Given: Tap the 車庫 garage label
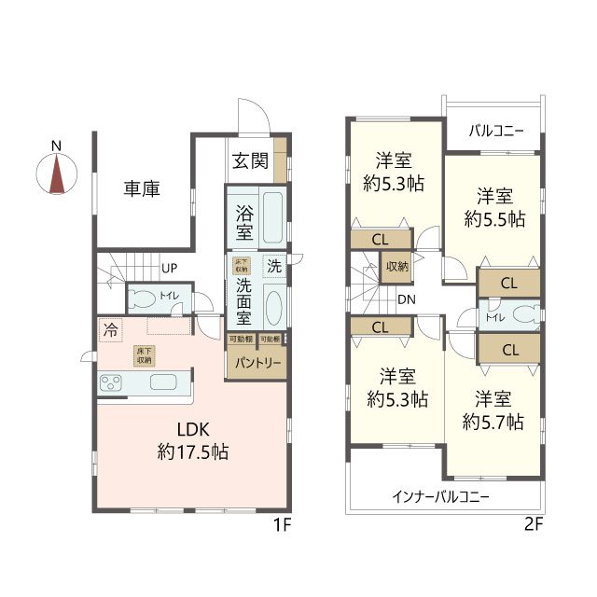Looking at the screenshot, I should (142, 188).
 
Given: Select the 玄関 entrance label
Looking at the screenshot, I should (251, 161).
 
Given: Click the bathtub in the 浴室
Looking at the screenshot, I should (271, 217).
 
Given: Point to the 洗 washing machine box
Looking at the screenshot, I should (273, 265).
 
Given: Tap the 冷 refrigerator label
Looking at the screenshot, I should (111, 329).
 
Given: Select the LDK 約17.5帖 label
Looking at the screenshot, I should (193, 441).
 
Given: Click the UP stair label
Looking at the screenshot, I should (170, 269).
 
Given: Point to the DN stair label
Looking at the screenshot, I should (407, 299).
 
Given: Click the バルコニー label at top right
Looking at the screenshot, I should (495, 131).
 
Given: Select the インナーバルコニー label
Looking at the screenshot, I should (440, 496).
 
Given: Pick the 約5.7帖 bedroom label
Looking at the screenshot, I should (493, 411).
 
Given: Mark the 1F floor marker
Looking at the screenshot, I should (283, 524).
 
